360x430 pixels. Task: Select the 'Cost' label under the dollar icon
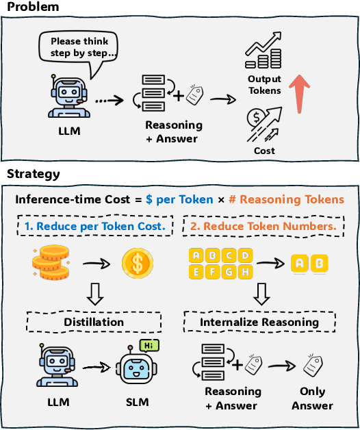pos(264,150)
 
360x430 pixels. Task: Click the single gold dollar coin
pos(138,263)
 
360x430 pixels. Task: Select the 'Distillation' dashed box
pos(94,321)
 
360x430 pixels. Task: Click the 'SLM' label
pos(137,402)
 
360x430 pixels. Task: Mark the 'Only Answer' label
pos(312,399)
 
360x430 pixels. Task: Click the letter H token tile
pos(245,272)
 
